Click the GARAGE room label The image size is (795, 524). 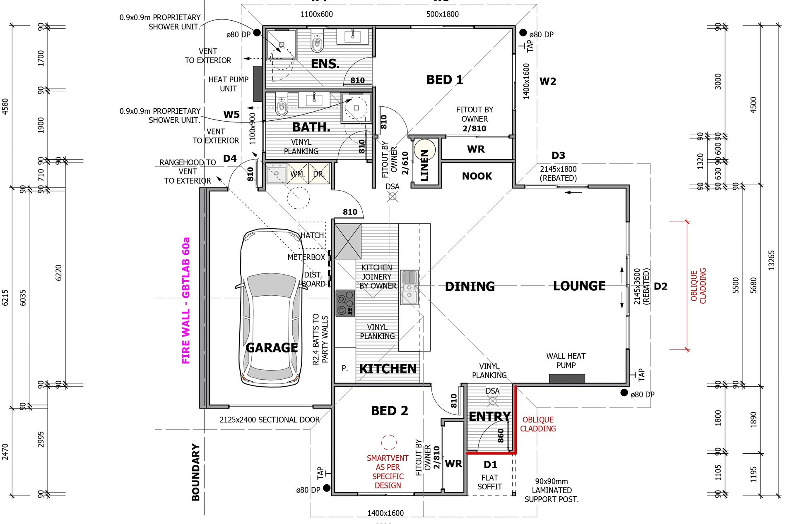tap(272, 348)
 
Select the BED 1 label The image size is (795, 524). tap(444, 80)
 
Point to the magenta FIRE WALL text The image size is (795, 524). tap(186, 301)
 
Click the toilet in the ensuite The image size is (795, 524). tap(317, 41)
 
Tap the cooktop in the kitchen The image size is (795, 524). tap(345, 303)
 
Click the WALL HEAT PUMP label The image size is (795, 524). tap(566, 361)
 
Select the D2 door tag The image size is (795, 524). tap(660, 287)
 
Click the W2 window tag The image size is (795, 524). tap(547, 81)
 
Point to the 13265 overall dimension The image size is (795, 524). tap(771, 261)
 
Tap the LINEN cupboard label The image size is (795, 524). tap(424, 165)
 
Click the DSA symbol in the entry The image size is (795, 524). tap(492, 400)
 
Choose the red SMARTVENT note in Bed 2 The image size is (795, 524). tap(388, 471)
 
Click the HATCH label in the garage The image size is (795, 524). tap(312, 235)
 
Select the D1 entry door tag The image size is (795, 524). tap(490, 465)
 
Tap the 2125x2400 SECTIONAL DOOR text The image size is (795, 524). tap(270, 420)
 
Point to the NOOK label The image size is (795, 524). tap(477, 176)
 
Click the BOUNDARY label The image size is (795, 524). tap(196, 472)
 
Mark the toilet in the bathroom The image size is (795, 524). tap(282, 106)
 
